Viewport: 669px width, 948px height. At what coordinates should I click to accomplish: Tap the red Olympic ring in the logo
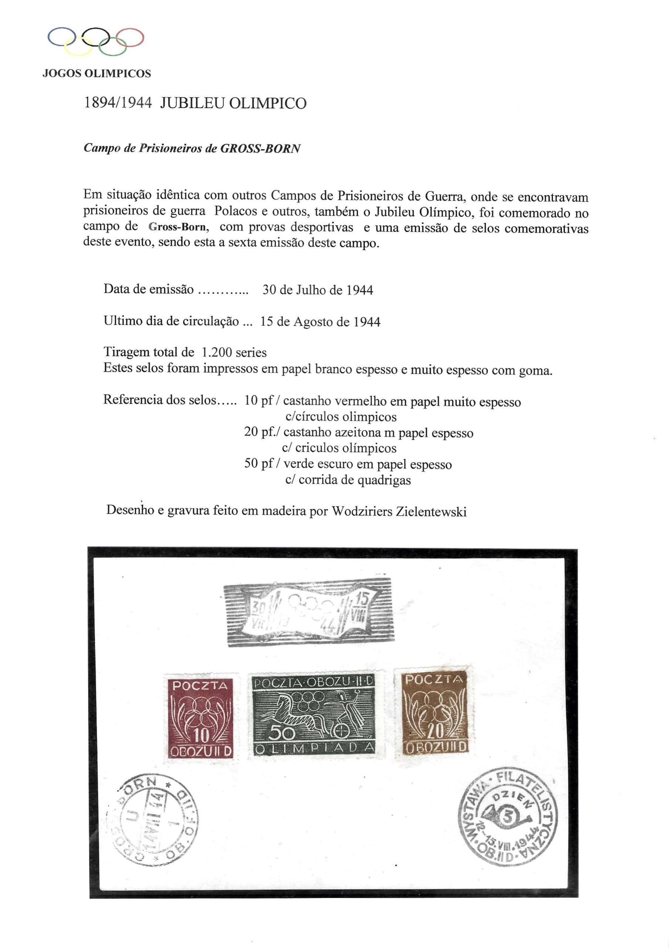point(129,37)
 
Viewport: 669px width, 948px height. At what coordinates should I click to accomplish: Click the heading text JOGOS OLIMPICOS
point(97,74)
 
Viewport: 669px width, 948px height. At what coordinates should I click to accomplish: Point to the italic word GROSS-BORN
point(260,148)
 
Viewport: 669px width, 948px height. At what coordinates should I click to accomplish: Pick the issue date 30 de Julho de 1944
point(318,290)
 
